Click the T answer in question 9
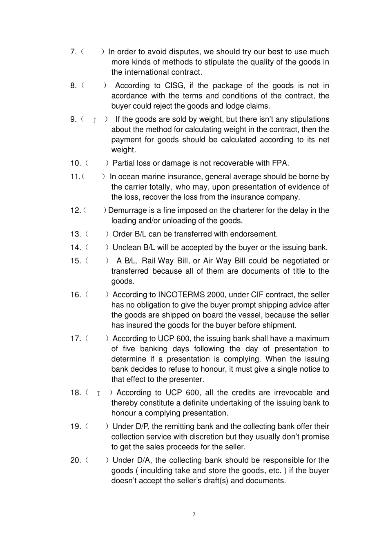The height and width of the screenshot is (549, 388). [x=94, y=120]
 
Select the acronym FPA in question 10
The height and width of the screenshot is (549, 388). [x=280, y=163]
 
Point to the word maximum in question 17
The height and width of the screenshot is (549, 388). [x=312, y=339]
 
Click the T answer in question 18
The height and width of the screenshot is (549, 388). [x=98, y=393]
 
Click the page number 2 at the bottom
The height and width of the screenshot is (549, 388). [x=194, y=515]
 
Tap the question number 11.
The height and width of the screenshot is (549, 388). [x=75, y=177]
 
